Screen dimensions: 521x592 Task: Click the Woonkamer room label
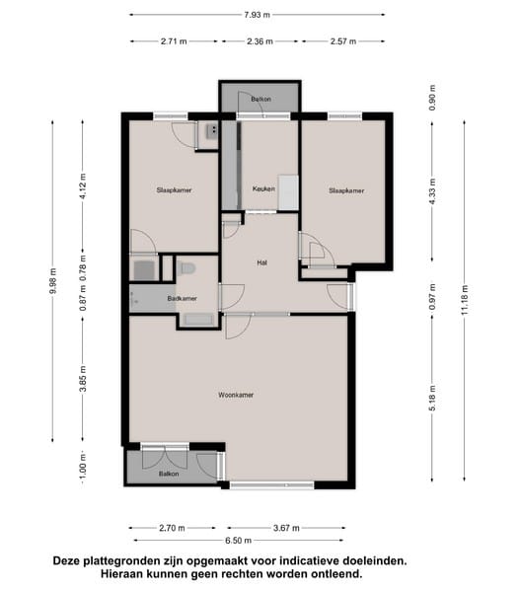[x=236, y=395]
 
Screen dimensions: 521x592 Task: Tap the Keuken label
[x=263, y=188]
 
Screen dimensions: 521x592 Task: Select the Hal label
[x=261, y=262]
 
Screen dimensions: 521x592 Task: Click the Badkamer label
[x=182, y=298]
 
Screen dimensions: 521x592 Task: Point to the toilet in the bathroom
[x=187, y=268]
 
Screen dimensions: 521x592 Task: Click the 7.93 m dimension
[x=258, y=15]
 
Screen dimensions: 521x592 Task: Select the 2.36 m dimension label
[x=260, y=41]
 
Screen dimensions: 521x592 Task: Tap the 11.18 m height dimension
[x=465, y=300]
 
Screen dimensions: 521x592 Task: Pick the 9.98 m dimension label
[x=52, y=280]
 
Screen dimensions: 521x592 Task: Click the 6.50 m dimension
[x=238, y=541]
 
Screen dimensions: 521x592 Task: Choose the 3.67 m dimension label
[x=286, y=528]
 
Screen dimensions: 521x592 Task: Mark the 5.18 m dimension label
[x=432, y=398]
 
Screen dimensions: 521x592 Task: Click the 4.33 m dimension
[x=432, y=191]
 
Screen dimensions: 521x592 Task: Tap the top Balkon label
[x=260, y=99]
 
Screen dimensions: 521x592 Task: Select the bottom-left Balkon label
[x=169, y=474]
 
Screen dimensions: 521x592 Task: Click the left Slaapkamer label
[x=174, y=189]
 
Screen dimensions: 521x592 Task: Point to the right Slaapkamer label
[x=346, y=190]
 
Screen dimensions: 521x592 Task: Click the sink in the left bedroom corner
[x=211, y=131]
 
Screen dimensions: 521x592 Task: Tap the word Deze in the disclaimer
[x=66, y=560]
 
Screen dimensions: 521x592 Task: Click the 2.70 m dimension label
[x=172, y=528]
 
